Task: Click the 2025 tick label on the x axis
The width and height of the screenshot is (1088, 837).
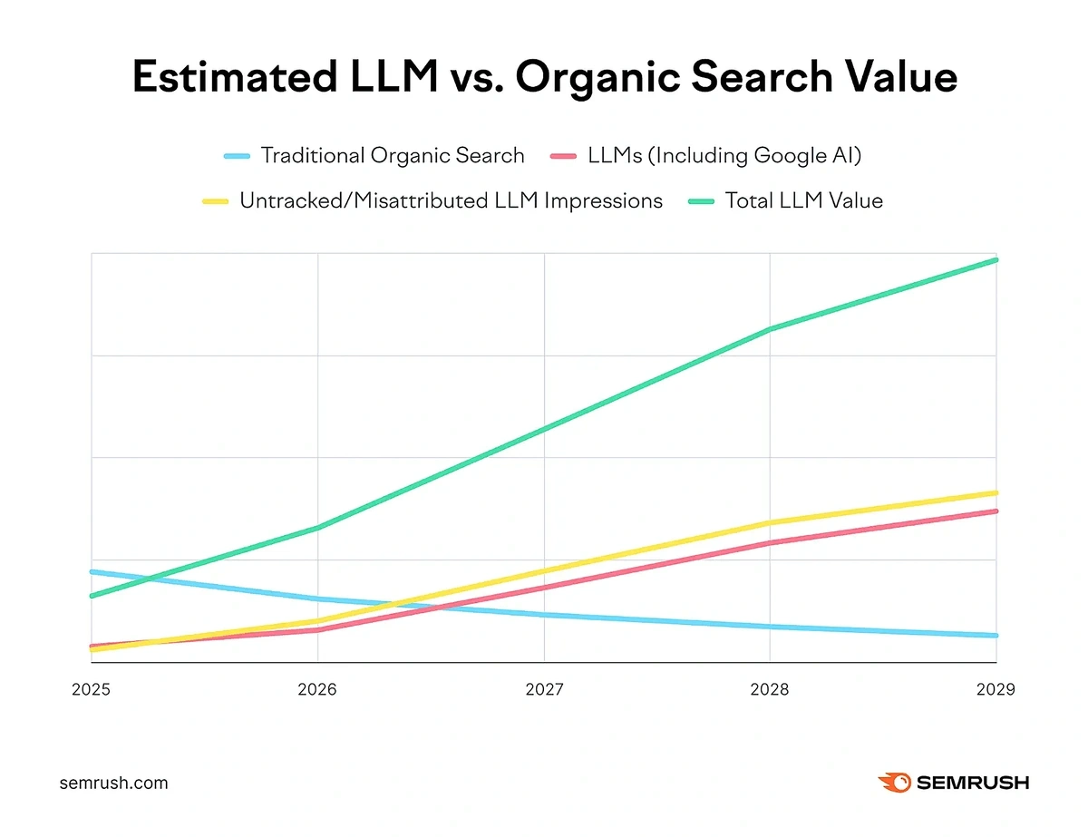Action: (x=91, y=690)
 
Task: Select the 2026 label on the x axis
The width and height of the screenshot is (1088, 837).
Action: (x=317, y=690)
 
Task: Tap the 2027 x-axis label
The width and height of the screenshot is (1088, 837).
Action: (x=544, y=690)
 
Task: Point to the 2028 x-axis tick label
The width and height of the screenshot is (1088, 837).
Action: (x=770, y=690)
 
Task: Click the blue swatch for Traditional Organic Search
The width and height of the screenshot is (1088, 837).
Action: (x=237, y=157)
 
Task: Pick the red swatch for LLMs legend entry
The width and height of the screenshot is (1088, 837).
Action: (x=564, y=157)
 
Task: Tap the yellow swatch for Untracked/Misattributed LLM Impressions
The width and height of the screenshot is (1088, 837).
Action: (x=216, y=201)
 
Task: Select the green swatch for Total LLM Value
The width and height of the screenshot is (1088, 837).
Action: (x=701, y=201)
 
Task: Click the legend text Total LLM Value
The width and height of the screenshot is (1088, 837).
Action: (x=803, y=201)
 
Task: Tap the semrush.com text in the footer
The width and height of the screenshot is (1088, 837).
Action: (x=113, y=783)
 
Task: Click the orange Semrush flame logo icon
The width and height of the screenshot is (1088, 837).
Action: (x=894, y=783)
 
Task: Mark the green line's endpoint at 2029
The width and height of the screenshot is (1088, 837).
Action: (x=996, y=260)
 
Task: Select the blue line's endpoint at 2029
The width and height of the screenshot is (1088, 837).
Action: (x=996, y=636)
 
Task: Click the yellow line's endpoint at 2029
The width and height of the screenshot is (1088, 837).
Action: (x=996, y=493)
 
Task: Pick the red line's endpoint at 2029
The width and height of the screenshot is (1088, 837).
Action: (x=996, y=511)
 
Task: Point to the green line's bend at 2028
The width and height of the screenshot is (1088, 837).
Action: (x=770, y=329)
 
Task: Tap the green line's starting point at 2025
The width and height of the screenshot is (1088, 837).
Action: (x=92, y=596)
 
